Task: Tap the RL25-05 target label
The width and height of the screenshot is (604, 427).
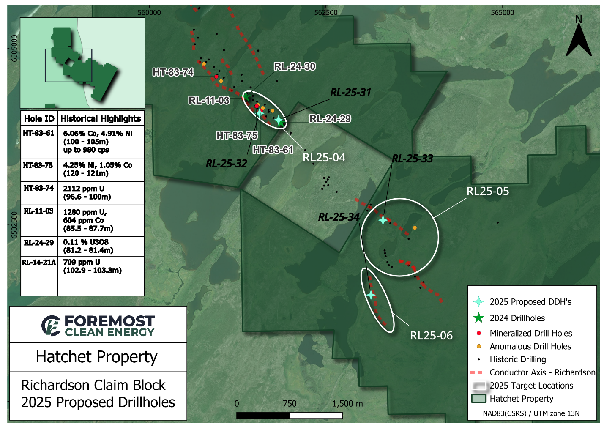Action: [x=487, y=191]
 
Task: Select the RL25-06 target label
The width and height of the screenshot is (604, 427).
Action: [x=431, y=336]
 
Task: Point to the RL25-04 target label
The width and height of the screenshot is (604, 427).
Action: [x=324, y=158]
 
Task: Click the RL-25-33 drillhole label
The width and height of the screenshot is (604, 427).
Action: [x=412, y=159]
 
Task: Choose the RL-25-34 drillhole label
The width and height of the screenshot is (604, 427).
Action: [x=339, y=217]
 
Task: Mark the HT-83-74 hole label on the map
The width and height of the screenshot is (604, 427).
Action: [x=173, y=72]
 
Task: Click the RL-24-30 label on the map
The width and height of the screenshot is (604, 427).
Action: [x=295, y=66]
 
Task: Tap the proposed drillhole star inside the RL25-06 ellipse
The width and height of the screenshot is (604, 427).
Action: [x=371, y=295]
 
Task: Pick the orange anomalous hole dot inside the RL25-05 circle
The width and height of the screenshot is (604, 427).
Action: [x=415, y=228]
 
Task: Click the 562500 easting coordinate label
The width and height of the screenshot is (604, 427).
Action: [x=326, y=13]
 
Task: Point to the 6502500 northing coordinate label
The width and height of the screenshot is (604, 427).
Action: [x=15, y=225]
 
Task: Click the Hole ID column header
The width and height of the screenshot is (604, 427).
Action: [x=39, y=119]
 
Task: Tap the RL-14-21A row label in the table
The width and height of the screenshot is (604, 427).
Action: [x=39, y=263]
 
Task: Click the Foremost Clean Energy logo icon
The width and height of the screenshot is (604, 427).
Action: [x=51, y=326]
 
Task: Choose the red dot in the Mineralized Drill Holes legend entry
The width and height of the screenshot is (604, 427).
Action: [x=479, y=334]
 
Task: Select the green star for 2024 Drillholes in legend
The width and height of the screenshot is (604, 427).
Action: [x=478, y=318]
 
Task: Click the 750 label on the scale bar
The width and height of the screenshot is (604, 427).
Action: [x=290, y=404]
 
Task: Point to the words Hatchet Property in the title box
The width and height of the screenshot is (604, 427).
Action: [x=96, y=357]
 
